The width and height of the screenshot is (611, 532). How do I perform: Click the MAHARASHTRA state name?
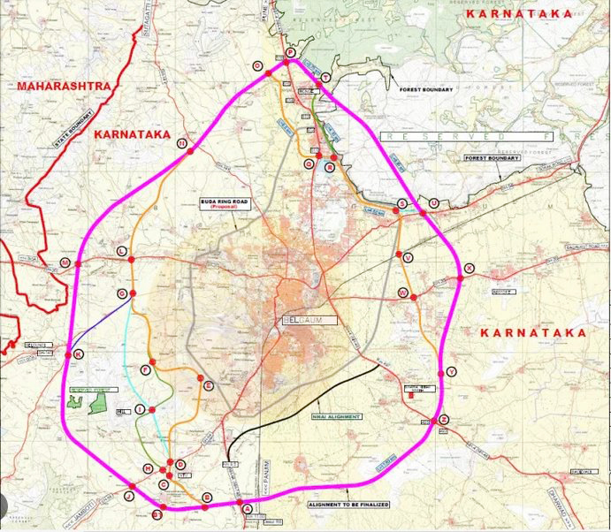click(62, 86)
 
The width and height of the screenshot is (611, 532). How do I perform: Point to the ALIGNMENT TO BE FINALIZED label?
click(348, 505)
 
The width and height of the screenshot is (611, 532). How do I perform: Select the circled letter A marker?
click(247, 508)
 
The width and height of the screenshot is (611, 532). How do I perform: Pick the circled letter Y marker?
click(452, 372)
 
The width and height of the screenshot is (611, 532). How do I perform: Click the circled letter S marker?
click(402, 203)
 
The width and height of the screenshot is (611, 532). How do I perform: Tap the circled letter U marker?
click(433, 203)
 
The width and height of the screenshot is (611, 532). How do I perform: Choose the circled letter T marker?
click(326, 79)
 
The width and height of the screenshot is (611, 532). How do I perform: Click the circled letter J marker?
click(129, 497)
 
